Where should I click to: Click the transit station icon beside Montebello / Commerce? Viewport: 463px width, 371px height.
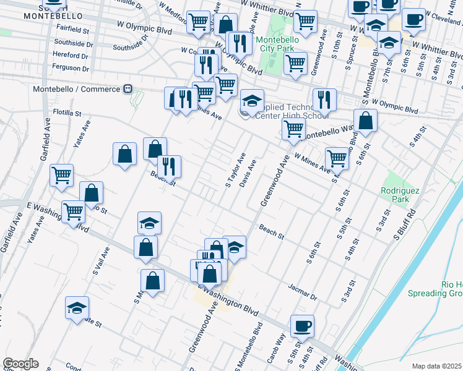coord(128,89)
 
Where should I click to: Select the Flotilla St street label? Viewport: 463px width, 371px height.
coord(67,113)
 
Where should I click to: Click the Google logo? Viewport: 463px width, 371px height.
coord(20,364)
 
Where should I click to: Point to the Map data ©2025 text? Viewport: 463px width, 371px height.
coord(436,366)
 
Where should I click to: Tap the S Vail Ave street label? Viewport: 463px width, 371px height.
coord(101,261)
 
